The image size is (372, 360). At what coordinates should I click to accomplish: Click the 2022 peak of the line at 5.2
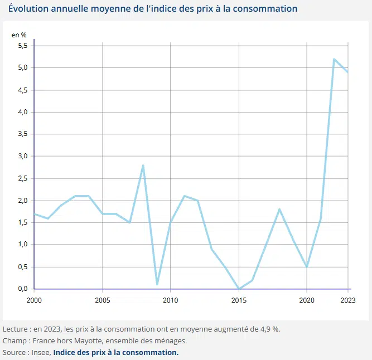(334, 59)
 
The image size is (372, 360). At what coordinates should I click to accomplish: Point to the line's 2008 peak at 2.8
(143, 166)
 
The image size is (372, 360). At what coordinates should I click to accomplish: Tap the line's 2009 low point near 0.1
(157, 284)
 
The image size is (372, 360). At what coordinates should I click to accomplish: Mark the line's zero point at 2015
(239, 289)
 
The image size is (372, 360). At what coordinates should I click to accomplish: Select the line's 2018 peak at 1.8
(279, 210)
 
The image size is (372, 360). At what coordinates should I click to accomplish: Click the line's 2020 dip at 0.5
(307, 267)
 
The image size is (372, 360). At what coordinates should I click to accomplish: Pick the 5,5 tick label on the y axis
(22, 46)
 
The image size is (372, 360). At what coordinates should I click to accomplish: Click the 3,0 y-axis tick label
(22, 156)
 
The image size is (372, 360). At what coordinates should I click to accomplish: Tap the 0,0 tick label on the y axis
(22, 289)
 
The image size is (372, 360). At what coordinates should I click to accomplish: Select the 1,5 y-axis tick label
(22, 222)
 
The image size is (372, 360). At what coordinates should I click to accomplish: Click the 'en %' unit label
(19, 35)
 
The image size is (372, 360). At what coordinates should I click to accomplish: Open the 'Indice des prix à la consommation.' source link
(116, 353)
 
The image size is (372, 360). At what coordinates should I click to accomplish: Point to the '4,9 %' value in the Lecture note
(270, 328)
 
